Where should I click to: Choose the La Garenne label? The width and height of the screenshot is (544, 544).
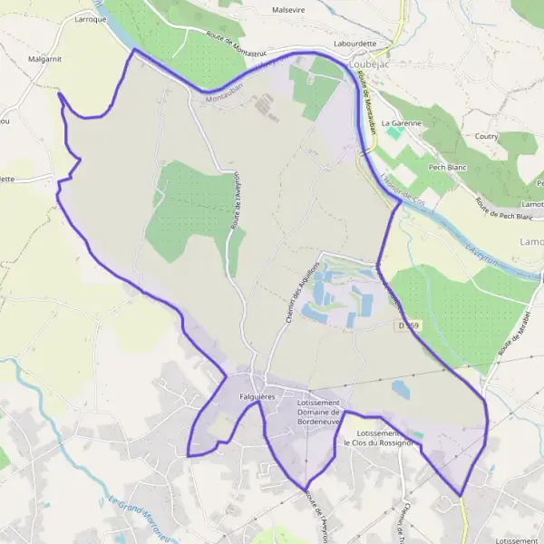click(x=399, y=121)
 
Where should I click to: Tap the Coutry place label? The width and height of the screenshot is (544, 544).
click(x=488, y=137)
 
